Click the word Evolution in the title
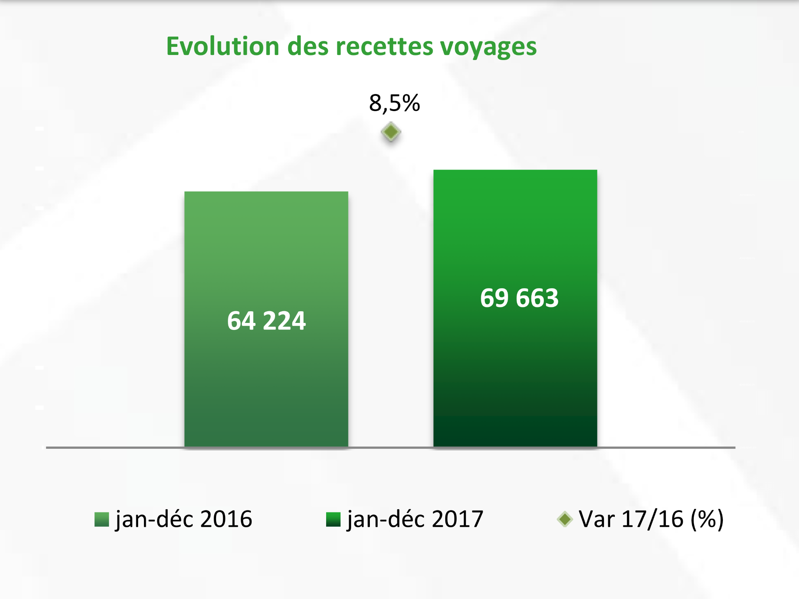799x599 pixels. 223,46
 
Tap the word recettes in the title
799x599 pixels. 384,46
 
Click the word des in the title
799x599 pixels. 308,46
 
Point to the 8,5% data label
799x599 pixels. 394,103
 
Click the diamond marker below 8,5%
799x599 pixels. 391,132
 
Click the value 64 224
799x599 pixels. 266,321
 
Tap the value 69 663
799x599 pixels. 519,298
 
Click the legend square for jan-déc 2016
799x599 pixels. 101,519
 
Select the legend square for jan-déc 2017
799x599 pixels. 333,519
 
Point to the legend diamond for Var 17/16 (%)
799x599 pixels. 565,519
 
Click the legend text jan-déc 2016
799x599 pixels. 184,519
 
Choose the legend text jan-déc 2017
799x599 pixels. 415,519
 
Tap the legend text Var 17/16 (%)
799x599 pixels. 651,519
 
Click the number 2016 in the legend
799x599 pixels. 226,519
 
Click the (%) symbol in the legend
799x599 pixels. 707,519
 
